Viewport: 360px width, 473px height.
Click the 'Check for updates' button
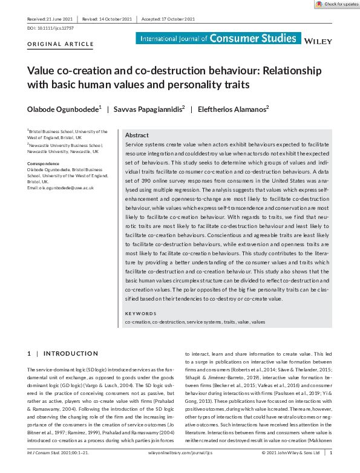337,4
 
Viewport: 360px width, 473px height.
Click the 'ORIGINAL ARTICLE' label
61,44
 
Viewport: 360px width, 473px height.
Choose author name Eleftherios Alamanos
238,109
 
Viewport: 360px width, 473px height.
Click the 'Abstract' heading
137,136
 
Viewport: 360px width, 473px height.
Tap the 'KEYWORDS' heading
140,313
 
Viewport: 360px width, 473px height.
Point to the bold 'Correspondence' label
43,164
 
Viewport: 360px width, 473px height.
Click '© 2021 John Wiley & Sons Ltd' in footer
291,468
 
